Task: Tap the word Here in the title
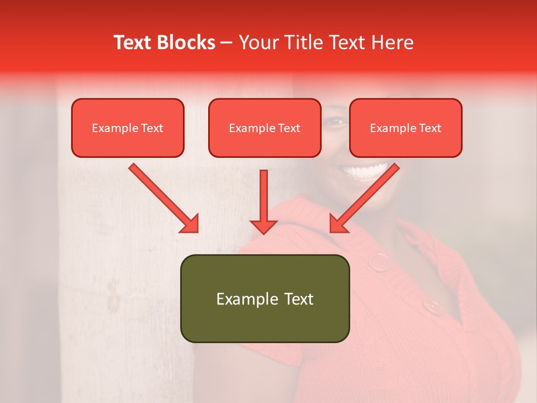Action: pos(392,43)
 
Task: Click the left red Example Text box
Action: pos(128,128)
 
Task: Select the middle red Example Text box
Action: pos(265,128)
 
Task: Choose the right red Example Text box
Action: pos(406,128)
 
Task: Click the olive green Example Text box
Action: pos(265,298)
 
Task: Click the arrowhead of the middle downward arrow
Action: pos(263,226)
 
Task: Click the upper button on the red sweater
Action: pos(380,261)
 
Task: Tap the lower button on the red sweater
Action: pos(432,306)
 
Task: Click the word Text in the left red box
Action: pos(151,128)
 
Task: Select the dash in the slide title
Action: pos(227,43)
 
